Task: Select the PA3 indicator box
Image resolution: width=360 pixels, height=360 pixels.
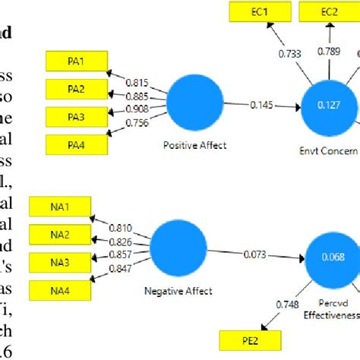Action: (x=77, y=116)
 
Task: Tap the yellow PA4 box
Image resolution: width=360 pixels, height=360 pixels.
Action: (x=77, y=144)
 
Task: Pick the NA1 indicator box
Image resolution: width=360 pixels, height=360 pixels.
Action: (x=59, y=206)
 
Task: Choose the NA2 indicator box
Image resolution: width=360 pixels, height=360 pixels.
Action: (x=59, y=233)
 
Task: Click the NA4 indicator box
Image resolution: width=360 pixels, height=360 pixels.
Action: (x=59, y=289)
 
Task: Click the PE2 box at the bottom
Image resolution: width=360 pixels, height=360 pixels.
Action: (x=250, y=339)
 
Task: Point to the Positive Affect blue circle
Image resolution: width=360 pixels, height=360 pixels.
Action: (x=194, y=104)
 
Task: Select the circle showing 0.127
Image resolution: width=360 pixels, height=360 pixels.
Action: (x=329, y=107)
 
